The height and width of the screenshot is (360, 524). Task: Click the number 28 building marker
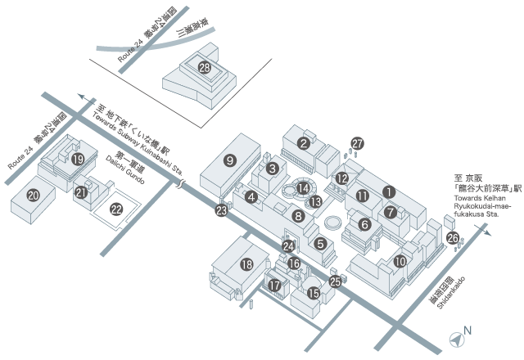click(205, 69)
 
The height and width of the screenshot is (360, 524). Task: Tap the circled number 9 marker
click(230, 160)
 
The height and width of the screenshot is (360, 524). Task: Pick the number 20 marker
click(34, 195)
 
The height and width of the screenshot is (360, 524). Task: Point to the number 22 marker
click(116, 209)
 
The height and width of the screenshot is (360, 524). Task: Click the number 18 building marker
click(247, 263)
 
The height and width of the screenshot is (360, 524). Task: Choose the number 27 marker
click(356, 144)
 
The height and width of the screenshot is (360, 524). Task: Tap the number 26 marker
click(452, 238)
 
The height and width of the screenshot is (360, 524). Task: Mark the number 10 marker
click(400, 262)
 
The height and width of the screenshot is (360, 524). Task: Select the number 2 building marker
click(303, 143)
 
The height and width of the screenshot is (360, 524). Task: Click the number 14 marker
click(303, 188)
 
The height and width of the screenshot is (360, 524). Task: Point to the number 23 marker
click(221, 210)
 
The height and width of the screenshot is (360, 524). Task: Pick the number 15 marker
click(313, 292)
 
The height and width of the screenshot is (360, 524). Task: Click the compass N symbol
click(457, 335)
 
